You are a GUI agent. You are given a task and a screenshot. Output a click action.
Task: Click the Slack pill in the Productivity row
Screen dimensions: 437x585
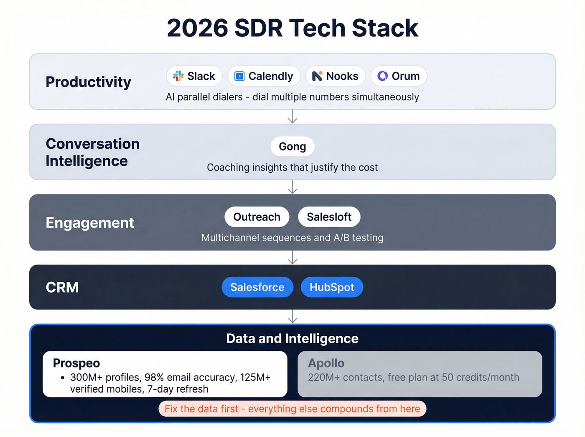coord(194,76)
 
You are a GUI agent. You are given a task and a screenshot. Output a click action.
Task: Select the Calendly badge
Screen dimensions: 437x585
coord(264,76)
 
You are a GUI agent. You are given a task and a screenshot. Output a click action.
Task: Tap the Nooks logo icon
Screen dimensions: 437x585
coord(317,76)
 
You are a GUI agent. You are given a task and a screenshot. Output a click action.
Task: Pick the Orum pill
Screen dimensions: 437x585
coord(399,76)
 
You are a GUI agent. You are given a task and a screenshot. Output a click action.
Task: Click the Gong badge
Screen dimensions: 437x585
coord(292,146)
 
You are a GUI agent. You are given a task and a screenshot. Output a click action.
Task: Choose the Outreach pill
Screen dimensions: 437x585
coord(257,217)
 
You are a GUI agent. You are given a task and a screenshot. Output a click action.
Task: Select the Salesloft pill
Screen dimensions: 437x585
coord(329,217)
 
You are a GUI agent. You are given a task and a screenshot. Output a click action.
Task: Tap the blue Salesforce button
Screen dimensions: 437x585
coord(257,287)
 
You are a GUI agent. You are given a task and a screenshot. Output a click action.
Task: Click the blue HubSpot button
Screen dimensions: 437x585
coord(332,287)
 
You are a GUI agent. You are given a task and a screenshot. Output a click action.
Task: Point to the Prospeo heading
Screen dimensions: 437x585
coord(76,363)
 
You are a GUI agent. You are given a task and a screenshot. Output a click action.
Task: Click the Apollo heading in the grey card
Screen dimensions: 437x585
coord(326,363)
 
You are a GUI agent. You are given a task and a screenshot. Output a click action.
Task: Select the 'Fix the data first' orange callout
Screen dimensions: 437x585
coord(292,409)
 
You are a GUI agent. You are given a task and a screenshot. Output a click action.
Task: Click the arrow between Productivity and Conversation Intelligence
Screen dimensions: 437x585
coord(292,117)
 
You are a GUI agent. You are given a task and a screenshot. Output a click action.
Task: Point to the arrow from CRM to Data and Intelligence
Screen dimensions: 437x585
coord(292,317)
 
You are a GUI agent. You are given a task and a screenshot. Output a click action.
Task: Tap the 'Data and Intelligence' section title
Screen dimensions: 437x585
coord(292,338)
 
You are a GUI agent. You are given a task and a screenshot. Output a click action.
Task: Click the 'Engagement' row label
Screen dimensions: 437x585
coord(90,222)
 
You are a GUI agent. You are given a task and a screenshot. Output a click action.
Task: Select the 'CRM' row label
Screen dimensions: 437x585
coord(62,287)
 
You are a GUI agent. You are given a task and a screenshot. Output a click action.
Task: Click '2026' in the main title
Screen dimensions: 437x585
coord(197,28)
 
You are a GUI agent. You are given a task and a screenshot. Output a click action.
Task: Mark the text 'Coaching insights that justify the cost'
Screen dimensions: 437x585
coord(292,167)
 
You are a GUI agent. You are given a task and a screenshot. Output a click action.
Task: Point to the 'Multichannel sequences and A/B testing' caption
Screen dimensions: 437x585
coord(292,238)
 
